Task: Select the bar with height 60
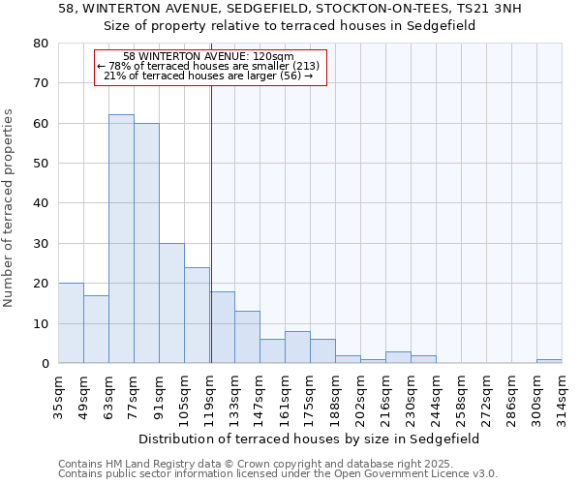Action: click(x=146, y=243)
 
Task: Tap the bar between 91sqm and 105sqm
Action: click(x=171, y=303)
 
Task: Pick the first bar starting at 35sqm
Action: click(x=71, y=323)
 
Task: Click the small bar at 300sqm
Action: click(x=549, y=361)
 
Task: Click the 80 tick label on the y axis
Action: click(x=40, y=44)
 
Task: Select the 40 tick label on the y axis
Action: click(x=40, y=203)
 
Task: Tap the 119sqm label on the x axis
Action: click(x=209, y=395)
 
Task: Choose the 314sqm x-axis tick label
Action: click(x=562, y=395)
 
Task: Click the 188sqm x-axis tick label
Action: click(x=335, y=395)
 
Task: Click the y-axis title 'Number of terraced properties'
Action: click(x=10, y=207)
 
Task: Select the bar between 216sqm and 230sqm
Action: click(x=398, y=357)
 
